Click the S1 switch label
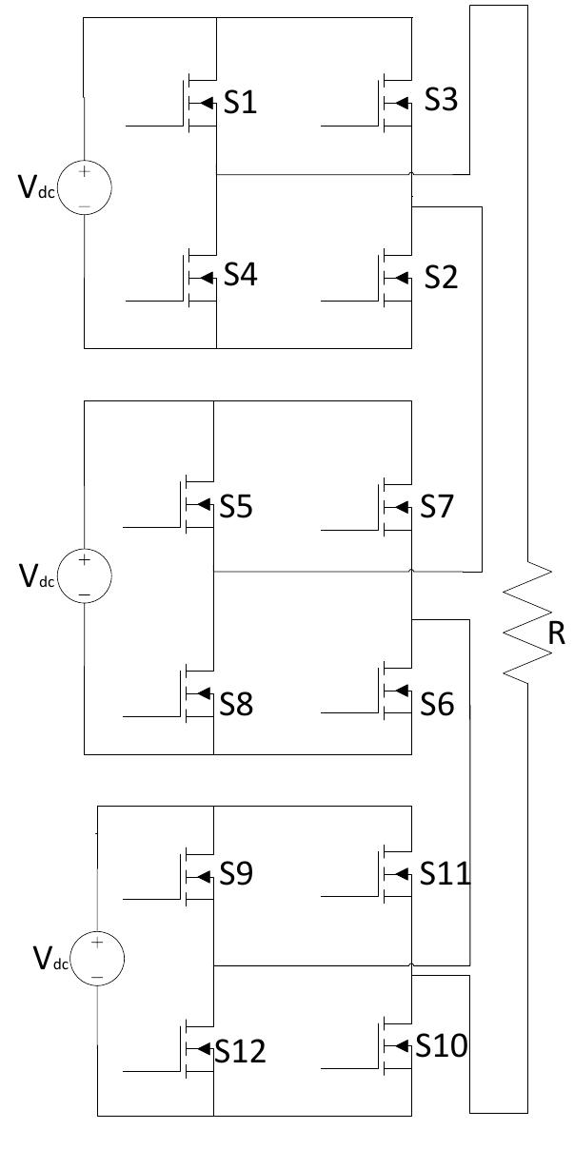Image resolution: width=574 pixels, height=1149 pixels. point(240,104)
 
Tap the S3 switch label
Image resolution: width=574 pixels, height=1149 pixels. point(439,100)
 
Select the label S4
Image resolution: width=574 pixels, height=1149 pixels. point(240,276)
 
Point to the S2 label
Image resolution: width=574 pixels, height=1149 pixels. point(439,278)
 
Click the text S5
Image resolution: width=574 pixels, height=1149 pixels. point(236,507)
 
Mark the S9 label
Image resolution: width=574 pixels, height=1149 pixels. point(236,874)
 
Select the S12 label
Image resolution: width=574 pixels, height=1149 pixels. point(240,1051)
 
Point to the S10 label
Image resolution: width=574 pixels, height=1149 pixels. point(442,1046)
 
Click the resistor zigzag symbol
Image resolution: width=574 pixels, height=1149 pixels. point(527,623)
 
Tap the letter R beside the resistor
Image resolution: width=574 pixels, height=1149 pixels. point(556,634)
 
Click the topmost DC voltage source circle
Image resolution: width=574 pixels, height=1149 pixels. point(85,185)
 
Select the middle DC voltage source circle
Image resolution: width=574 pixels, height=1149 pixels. point(85,576)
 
